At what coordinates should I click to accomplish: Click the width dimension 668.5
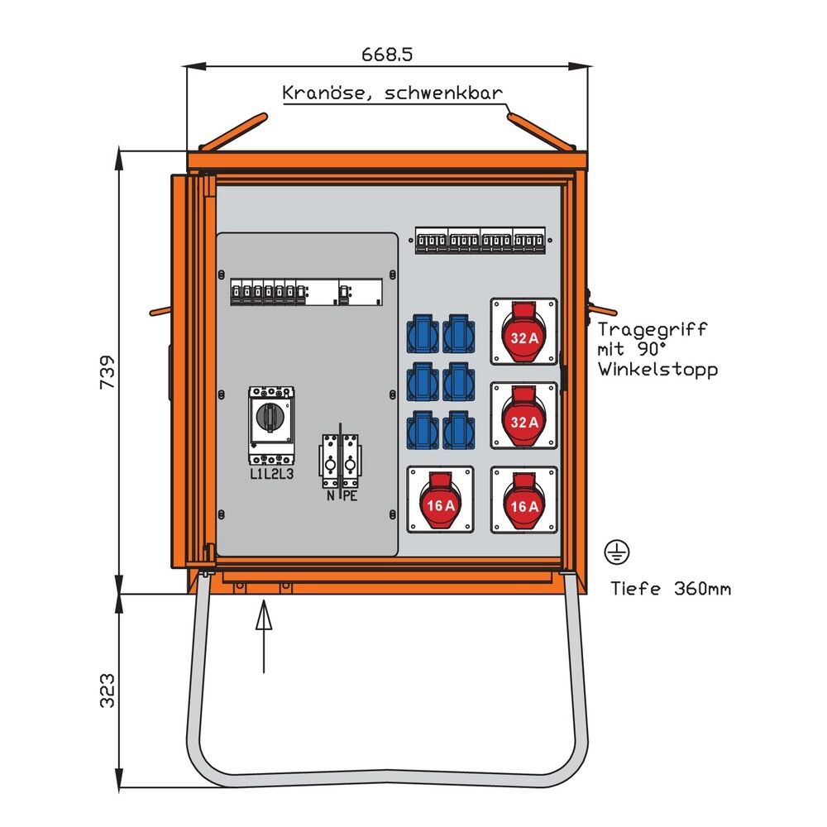point(386,54)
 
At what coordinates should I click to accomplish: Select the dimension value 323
point(107,691)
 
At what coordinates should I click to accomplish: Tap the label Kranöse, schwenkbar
point(392,92)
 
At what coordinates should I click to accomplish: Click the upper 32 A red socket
point(524,331)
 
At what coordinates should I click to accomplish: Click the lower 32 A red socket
point(524,414)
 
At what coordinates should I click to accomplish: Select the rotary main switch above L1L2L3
point(271,422)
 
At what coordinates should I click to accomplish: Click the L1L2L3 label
point(271,474)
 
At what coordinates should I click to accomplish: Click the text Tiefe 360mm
point(670,589)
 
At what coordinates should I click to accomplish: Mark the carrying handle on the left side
point(160,313)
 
